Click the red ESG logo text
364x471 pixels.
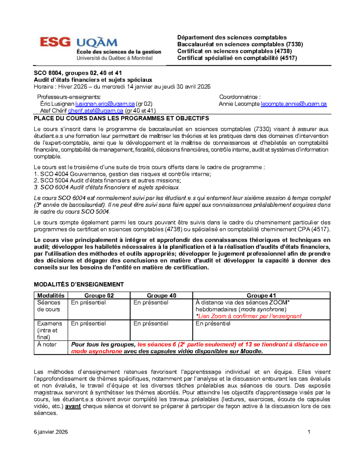pyautogui.click(x=55, y=42)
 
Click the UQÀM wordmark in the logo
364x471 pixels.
pyautogui.click(x=97, y=43)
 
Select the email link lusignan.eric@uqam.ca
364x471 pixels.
pyautogui.click(x=105, y=104)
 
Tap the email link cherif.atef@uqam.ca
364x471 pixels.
pyautogui.click(x=96, y=111)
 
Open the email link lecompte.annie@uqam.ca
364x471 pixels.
pyautogui.click(x=294, y=104)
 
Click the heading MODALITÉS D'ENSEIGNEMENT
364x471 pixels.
pyautogui.click(x=79, y=284)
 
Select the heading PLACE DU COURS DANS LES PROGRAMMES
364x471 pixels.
pyautogui.click(x=121, y=119)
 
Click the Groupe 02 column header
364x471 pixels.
pyautogui.click(x=99, y=296)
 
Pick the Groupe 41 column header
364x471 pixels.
pyautogui.click(x=261, y=296)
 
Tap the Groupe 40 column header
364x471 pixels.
pyautogui.click(x=161, y=296)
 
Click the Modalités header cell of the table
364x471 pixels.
pyautogui.click(x=51, y=296)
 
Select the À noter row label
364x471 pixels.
pyautogui.click(x=47, y=345)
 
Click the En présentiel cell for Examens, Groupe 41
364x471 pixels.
pyautogui.click(x=213, y=324)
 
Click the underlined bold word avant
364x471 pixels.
pyautogui.click(x=73, y=406)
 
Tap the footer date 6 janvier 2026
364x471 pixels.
pyautogui.click(x=51, y=432)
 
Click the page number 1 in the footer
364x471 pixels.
pyautogui.click(x=309, y=432)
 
